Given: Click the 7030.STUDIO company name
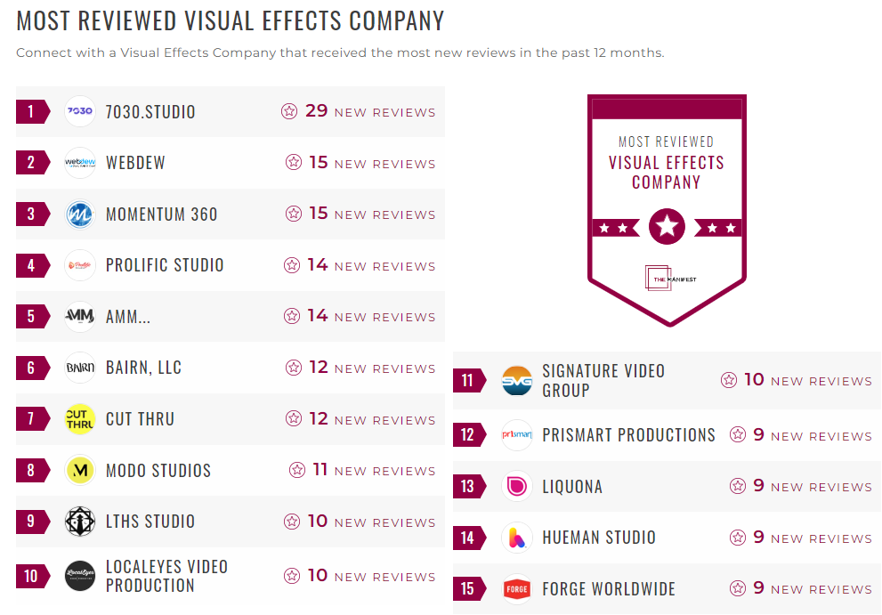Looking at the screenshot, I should (x=150, y=112).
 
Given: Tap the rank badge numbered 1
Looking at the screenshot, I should (x=32, y=111).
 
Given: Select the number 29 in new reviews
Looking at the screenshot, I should (x=317, y=111).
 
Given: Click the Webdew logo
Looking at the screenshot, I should (x=80, y=163).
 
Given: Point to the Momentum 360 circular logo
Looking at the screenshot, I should (x=80, y=214).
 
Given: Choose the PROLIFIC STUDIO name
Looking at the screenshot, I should (x=165, y=265).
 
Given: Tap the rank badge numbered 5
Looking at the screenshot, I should (x=32, y=316).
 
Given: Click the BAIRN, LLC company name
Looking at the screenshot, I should (x=143, y=368).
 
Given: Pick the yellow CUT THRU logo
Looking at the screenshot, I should (x=80, y=419).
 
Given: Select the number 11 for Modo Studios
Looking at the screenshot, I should (x=320, y=470).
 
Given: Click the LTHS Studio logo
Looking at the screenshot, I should (x=80, y=522).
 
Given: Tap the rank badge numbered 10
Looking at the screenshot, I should (x=32, y=576).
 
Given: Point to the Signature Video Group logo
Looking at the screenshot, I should (x=517, y=381).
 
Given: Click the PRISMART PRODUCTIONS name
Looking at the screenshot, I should (x=628, y=435).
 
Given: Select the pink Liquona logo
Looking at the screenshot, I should (x=517, y=486).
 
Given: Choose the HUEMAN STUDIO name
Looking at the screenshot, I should (x=599, y=538).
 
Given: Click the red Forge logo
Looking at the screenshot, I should (x=517, y=589).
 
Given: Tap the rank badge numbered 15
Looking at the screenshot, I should (x=468, y=588).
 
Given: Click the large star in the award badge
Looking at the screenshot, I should (x=668, y=227).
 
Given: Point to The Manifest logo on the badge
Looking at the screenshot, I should (x=668, y=279).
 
